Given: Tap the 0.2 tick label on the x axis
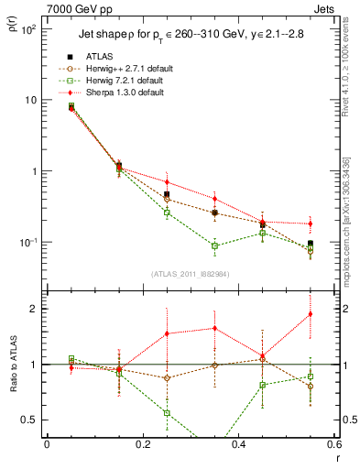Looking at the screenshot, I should point(142,445).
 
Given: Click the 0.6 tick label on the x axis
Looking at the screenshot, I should point(333,445).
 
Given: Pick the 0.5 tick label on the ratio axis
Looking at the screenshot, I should point(29,420).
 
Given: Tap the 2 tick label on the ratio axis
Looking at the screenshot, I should point(34,309).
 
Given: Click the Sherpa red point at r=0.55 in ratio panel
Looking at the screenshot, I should point(311,314).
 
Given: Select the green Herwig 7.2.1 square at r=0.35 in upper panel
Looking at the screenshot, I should point(214,245).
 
